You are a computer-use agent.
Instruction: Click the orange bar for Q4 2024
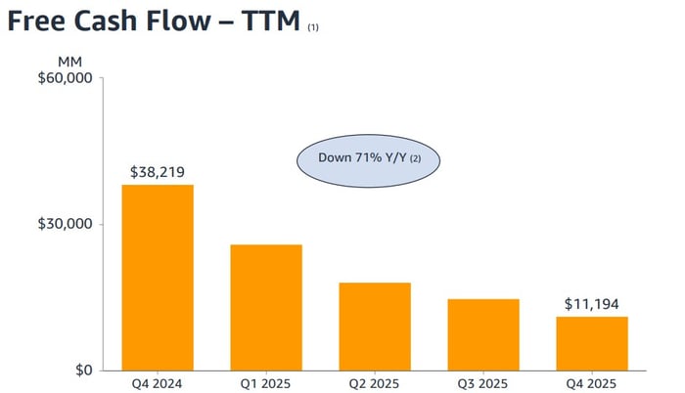click(158, 278)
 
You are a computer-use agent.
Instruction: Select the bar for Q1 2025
click(266, 307)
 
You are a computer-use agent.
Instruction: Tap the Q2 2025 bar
click(375, 327)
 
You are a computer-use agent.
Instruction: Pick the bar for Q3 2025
click(483, 334)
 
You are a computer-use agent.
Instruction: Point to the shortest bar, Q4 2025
click(592, 343)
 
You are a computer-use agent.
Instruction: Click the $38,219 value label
click(158, 171)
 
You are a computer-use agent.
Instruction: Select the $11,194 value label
click(592, 304)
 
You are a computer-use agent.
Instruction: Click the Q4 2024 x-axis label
click(158, 383)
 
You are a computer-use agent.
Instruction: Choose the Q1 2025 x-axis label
click(266, 383)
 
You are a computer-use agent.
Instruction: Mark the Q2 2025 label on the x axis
click(375, 383)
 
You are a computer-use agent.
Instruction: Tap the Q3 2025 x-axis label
click(483, 383)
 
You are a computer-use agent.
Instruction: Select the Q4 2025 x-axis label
click(592, 383)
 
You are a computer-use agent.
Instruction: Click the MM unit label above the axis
click(70, 61)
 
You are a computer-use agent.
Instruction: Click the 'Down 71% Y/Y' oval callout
click(370, 157)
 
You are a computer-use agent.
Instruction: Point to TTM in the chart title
click(267, 22)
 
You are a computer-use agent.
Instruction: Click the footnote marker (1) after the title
click(313, 27)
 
